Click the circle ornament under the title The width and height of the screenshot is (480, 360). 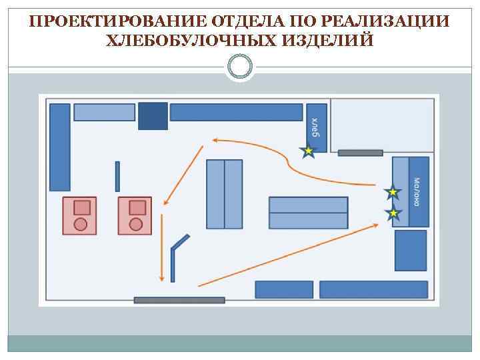click(x=240, y=66)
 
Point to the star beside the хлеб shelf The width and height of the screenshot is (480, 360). click(x=308, y=152)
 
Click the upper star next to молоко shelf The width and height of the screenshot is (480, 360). click(x=393, y=193)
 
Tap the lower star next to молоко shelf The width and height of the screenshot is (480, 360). click(x=393, y=213)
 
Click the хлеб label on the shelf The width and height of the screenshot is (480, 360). click(x=317, y=127)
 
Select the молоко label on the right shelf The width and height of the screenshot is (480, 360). click(x=418, y=191)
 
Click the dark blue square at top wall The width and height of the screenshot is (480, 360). click(x=153, y=116)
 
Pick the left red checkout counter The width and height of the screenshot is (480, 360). click(x=80, y=215)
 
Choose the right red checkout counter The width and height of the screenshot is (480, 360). click(x=135, y=215)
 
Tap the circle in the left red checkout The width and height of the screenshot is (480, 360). click(x=81, y=224)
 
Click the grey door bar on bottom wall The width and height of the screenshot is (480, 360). click(x=179, y=300)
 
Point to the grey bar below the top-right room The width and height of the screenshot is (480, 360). click(x=360, y=153)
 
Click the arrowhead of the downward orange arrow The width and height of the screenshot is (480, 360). click(x=161, y=278)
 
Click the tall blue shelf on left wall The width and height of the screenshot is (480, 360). click(x=60, y=147)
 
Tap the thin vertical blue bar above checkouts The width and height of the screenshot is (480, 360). click(x=117, y=176)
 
